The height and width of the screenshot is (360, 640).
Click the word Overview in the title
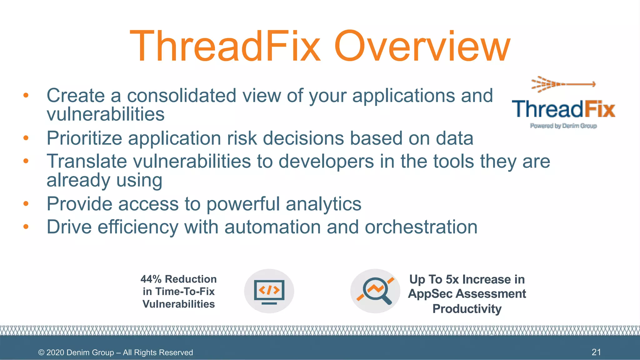pyautogui.click(x=422, y=46)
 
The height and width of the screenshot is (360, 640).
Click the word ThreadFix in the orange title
pyautogui.click(x=225, y=46)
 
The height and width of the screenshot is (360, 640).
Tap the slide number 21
pyautogui.click(x=596, y=352)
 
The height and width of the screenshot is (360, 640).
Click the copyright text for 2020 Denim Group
pyautogui.click(x=115, y=352)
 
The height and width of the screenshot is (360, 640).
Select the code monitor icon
pyautogui.click(x=269, y=291)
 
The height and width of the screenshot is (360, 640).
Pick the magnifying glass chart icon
pyautogui.click(x=375, y=291)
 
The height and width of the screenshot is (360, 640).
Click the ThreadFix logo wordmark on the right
pyautogui.click(x=563, y=109)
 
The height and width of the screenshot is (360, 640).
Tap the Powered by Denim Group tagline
pyautogui.click(x=563, y=126)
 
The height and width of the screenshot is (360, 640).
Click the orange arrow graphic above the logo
pyautogui.click(x=563, y=84)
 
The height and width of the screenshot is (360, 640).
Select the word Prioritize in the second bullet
pyautogui.click(x=84, y=138)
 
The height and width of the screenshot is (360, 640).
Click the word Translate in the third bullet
pyautogui.click(x=87, y=161)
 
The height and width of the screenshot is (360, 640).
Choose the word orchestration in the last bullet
pyautogui.click(x=421, y=227)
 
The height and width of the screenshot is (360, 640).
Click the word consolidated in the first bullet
pyautogui.click(x=182, y=95)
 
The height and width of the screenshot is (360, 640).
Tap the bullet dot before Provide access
pyautogui.click(x=26, y=204)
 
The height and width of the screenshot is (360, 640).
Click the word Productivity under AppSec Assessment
pyautogui.click(x=467, y=309)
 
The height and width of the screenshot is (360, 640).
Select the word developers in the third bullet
pyautogui.click(x=326, y=161)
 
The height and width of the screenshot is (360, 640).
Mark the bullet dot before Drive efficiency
pyautogui.click(x=26, y=227)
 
